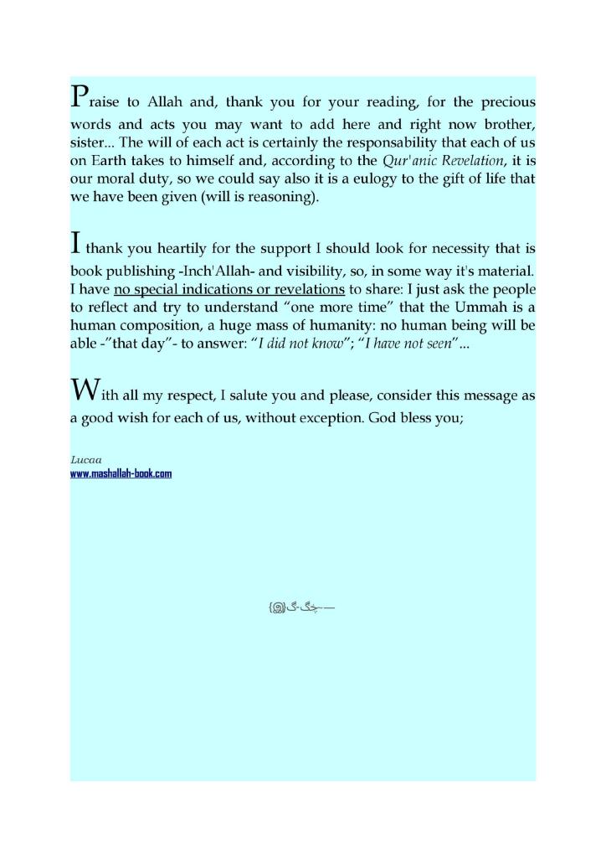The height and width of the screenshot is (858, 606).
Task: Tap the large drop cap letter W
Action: coord(86,390)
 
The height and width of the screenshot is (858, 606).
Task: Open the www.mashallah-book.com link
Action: coord(121,473)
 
